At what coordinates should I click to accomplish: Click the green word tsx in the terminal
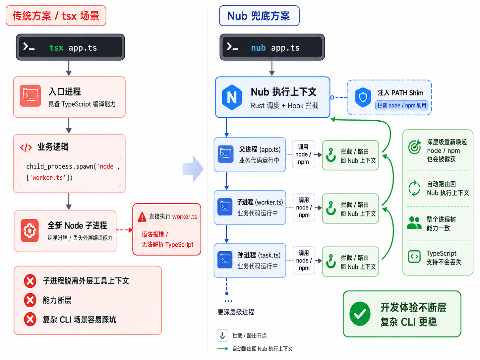(56, 48)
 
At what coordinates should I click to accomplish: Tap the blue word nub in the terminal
(258, 48)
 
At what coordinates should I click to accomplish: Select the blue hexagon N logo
(232, 97)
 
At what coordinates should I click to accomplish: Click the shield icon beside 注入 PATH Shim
(363, 97)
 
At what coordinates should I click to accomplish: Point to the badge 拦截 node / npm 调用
(402, 105)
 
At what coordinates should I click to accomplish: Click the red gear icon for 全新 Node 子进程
(30, 230)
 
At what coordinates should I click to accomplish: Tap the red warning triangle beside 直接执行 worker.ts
(142, 216)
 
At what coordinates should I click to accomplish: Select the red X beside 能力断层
(30, 300)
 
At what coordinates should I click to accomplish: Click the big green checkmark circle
(360, 314)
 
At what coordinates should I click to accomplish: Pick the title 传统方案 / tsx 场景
(56, 16)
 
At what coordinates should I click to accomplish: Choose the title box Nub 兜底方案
(259, 16)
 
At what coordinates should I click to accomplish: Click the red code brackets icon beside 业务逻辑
(26, 148)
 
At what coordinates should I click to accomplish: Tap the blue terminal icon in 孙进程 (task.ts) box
(225, 260)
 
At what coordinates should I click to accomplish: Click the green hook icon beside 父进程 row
(330, 155)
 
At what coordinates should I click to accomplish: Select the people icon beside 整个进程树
(414, 223)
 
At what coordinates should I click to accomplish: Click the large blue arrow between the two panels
(193, 169)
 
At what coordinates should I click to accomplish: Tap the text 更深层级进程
(236, 312)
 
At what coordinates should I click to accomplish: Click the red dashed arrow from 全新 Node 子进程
(124, 230)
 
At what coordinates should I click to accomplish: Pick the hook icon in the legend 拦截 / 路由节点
(222, 335)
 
